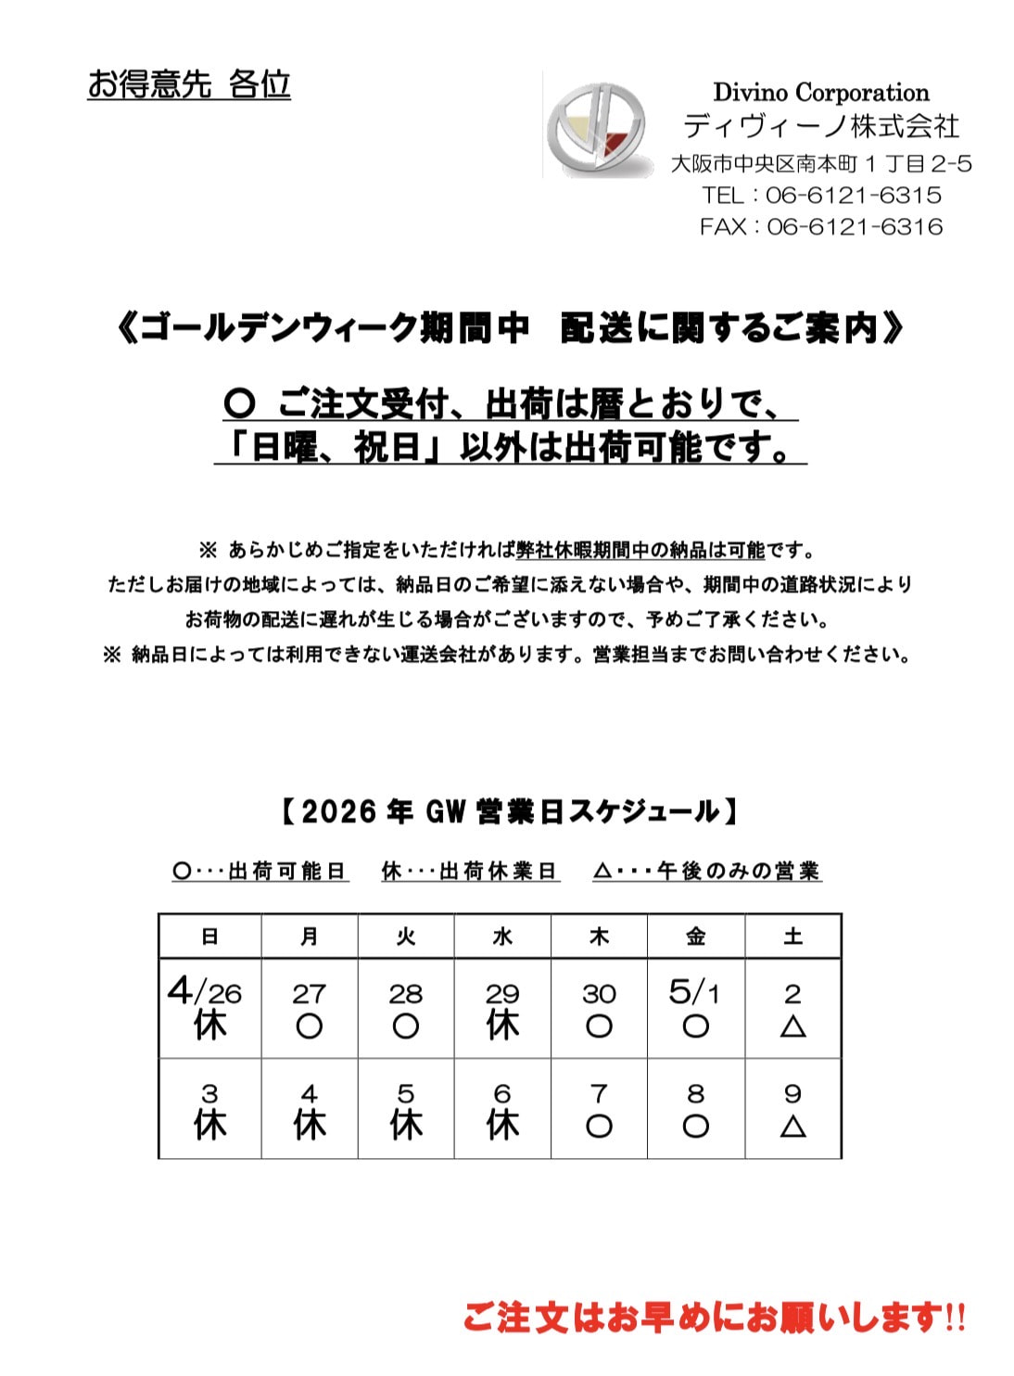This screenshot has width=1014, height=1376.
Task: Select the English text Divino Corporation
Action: click(x=820, y=93)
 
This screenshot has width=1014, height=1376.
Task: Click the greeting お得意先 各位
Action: click(x=189, y=84)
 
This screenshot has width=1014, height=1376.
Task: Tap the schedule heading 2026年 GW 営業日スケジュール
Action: click(x=508, y=812)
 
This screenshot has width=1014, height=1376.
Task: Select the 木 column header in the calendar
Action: click(x=599, y=936)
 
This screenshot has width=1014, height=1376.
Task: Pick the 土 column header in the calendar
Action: click(x=792, y=936)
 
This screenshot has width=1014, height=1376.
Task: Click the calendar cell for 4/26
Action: click(x=209, y=1008)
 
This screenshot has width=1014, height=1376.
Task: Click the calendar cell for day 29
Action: click(x=502, y=1008)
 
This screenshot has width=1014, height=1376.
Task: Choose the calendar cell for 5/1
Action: click(x=695, y=1008)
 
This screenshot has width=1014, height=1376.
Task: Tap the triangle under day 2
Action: click(x=792, y=1026)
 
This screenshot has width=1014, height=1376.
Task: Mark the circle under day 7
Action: click(x=599, y=1127)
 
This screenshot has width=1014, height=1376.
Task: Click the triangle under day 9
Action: click(x=792, y=1127)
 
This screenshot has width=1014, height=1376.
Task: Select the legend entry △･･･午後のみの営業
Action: click(x=707, y=872)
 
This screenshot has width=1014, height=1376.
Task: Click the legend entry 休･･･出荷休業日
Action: click(x=470, y=872)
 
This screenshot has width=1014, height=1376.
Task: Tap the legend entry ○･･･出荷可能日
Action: click(x=260, y=872)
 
